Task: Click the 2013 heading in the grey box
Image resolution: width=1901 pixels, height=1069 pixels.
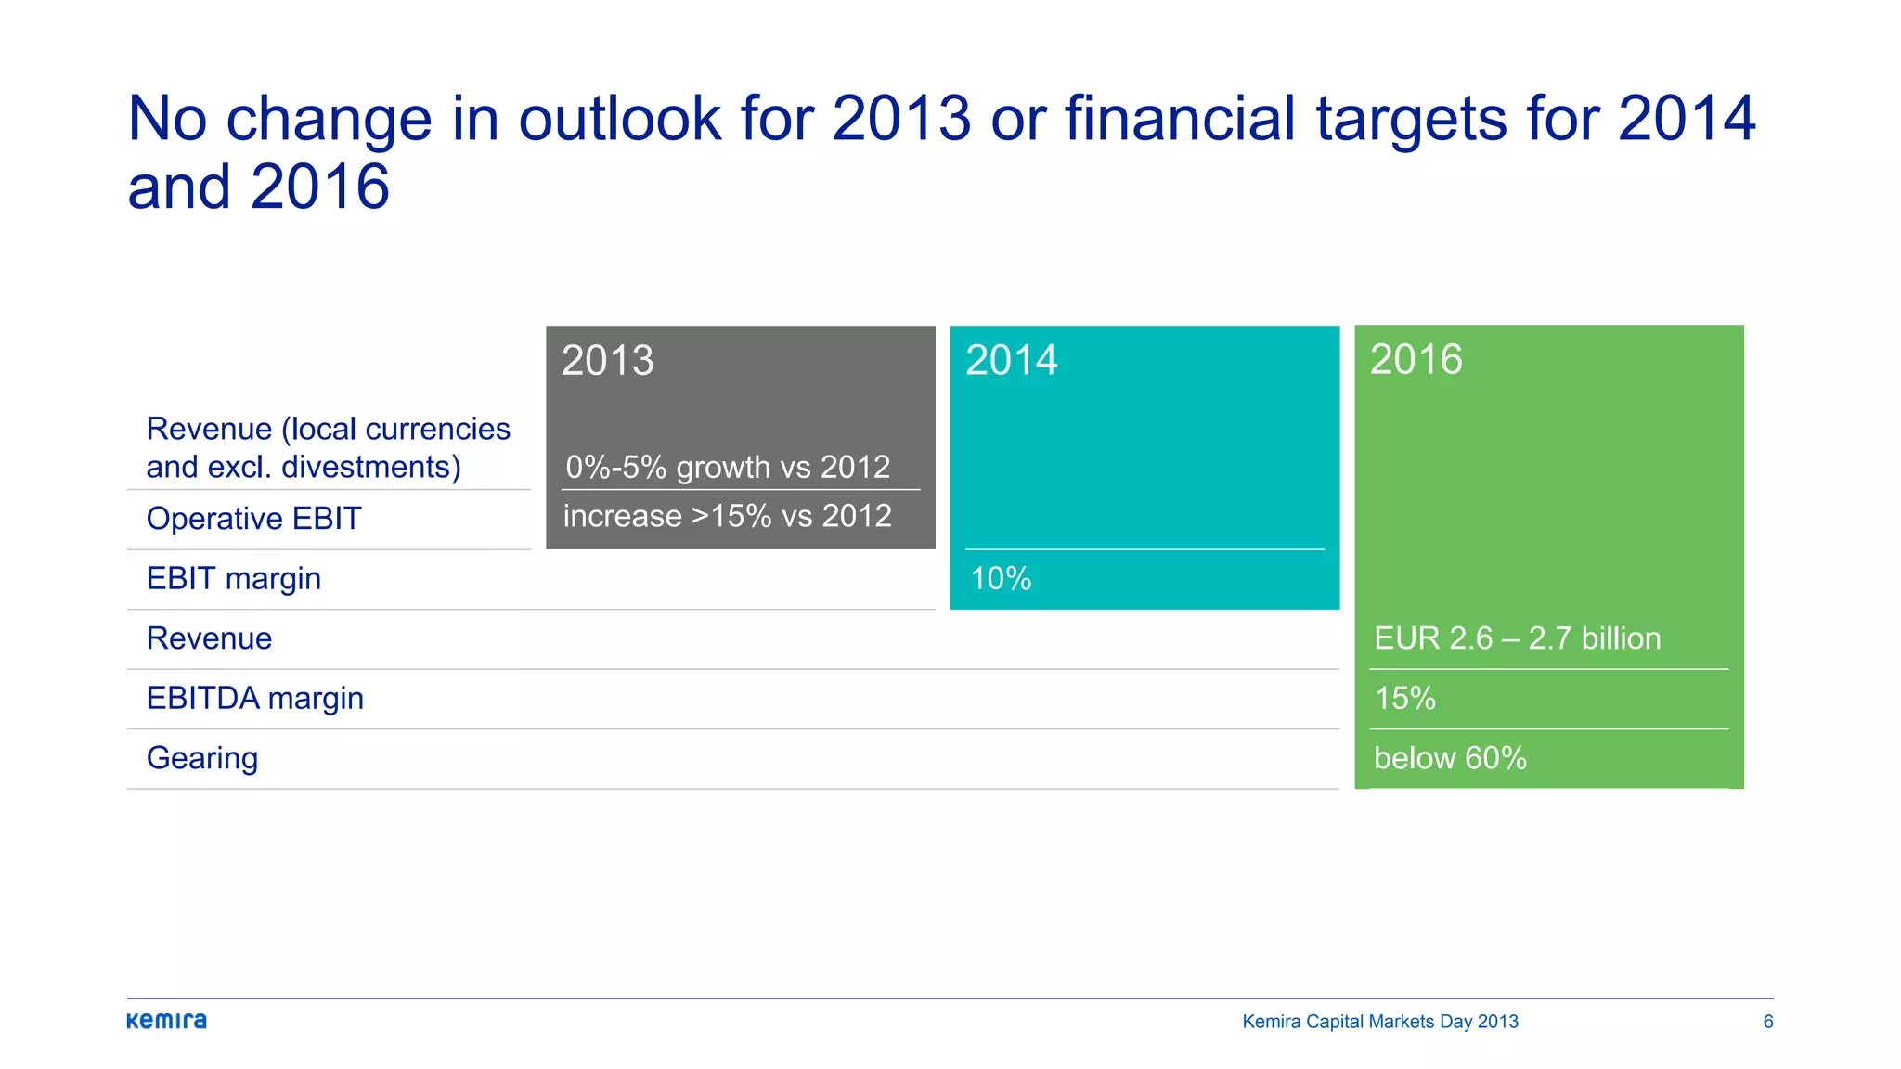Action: (607, 361)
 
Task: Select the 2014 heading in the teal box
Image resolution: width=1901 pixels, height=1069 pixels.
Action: (1011, 360)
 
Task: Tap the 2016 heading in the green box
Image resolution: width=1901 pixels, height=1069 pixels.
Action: (1416, 359)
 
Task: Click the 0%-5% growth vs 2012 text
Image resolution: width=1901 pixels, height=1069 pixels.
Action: (728, 467)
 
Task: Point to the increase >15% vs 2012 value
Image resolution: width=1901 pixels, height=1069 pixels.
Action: (727, 516)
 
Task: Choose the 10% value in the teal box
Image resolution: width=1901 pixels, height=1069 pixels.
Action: (1000, 579)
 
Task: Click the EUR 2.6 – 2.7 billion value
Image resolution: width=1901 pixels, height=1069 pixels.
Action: (1517, 638)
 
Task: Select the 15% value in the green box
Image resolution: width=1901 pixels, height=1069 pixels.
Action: (1404, 699)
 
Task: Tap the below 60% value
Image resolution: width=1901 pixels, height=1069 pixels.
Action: (1450, 758)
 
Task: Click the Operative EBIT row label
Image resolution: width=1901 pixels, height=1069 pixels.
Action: (253, 519)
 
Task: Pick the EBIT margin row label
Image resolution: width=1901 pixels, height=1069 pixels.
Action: (234, 579)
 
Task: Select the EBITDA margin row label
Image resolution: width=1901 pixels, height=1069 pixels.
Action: (254, 699)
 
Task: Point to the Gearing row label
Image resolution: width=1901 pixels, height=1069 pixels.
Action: (201, 758)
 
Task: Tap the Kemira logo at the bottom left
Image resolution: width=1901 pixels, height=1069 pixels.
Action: (167, 1021)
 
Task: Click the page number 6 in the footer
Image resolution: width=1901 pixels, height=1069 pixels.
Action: (1767, 1022)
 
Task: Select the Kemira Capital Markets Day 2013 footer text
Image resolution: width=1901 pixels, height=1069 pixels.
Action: (1380, 1022)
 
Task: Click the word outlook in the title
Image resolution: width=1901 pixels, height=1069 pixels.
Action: (619, 119)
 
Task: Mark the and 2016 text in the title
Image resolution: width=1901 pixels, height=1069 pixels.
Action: (258, 187)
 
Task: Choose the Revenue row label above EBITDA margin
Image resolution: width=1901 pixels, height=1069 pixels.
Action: (209, 638)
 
